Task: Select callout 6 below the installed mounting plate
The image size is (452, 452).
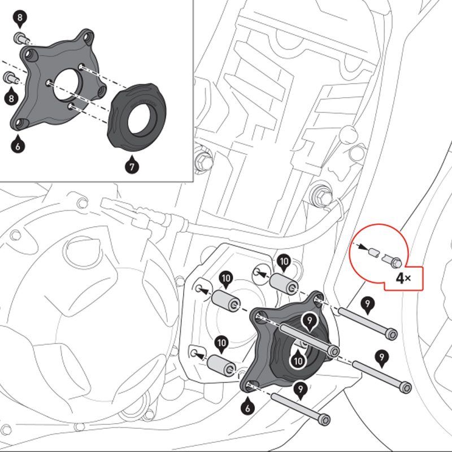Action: click(247, 406)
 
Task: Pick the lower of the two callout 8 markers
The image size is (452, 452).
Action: click(10, 97)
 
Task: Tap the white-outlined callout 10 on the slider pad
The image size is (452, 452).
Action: click(297, 358)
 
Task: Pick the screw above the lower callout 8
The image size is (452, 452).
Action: click(10, 77)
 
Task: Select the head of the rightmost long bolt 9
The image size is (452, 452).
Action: click(404, 388)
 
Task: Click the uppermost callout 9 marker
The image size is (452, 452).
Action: click(368, 306)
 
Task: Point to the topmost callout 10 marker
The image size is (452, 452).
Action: click(284, 261)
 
